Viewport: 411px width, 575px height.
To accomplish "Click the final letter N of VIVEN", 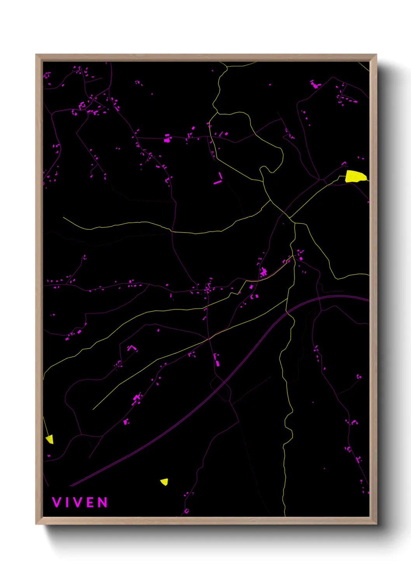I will tap(103, 502).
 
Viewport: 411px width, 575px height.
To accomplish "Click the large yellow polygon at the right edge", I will tap(355, 176).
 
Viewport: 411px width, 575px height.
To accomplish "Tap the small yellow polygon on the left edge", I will tap(49, 439).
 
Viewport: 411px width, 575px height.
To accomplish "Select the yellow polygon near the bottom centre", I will tap(165, 482).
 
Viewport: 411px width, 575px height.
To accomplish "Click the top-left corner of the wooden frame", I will tap(36, 55).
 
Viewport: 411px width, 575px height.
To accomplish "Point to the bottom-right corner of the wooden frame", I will tap(376, 524).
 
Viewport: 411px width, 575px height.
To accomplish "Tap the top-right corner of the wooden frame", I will tap(376, 55).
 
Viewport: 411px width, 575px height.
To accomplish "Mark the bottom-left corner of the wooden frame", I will tap(36, 524).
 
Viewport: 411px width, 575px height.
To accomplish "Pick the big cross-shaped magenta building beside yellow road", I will tap(264, 272).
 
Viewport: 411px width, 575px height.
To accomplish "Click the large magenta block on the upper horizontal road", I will tap(167, 139).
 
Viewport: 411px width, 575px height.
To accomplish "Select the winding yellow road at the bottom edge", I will tap(284, 486).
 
